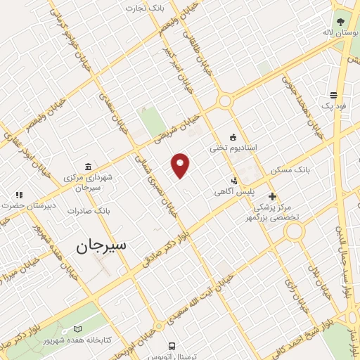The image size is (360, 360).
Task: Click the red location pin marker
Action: pyautogui.click(x=181, y=165)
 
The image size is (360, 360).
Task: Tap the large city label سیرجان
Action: pyautogui.click(x=99, y=246)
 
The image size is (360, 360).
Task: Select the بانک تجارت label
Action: pyautogui.click(x=143, y=8)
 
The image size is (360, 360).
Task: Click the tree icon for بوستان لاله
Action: pyautogui.click(x=340, y=22)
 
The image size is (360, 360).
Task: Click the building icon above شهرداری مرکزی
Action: pyautogui.click(x=87, y=167)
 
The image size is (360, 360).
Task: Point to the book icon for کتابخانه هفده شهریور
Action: pyautogui.click(x=77, y=329)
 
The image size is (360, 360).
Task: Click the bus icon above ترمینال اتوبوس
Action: pyautogui.click(x=172, y=345)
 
